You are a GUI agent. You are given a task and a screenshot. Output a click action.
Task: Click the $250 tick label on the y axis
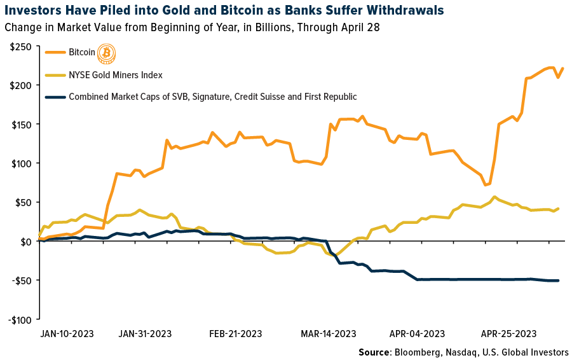(21, 46)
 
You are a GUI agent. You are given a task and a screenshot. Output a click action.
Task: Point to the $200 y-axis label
(21, 85)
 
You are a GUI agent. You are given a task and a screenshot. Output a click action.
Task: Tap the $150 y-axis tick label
(21, 124)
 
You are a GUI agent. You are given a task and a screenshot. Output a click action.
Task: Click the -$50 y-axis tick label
(21, 280)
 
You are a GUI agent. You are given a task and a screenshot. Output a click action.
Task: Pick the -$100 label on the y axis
(19, 320)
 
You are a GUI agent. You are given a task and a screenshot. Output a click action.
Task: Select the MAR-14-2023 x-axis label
(327, 333)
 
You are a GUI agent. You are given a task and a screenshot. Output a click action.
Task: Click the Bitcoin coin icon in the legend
(106, 54)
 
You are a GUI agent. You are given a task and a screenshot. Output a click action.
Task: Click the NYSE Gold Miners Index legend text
(116, 75)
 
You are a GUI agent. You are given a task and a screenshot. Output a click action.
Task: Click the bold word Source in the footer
(374, 352)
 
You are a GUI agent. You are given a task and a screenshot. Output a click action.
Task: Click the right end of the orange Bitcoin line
(563, 69)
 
